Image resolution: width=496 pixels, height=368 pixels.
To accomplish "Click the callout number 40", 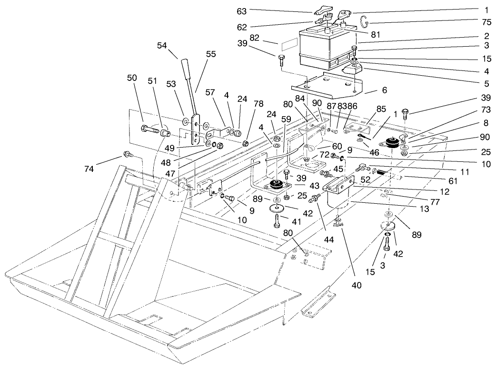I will click(357, 286).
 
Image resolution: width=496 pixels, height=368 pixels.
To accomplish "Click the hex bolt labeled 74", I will click(128, 154).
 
